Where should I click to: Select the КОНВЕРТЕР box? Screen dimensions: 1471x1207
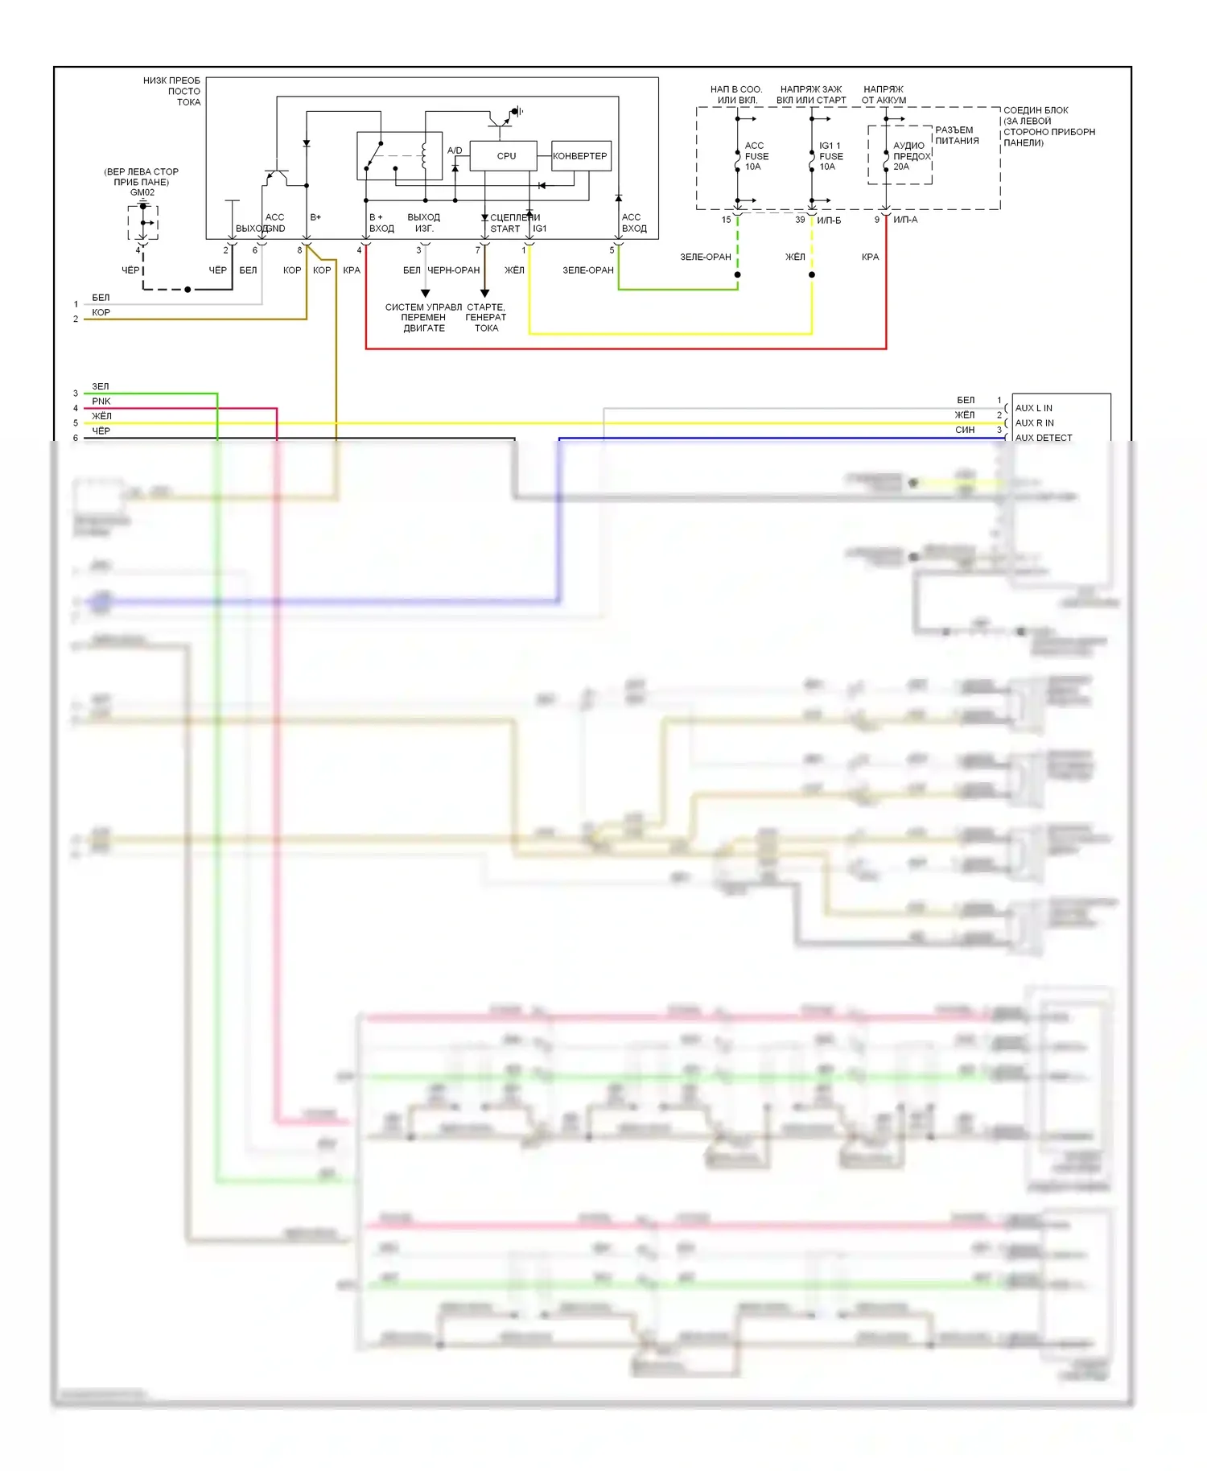pyautogui.click(x=580, y=156)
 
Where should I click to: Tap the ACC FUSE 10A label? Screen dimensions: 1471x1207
pyautogui.click(x=756, y=156)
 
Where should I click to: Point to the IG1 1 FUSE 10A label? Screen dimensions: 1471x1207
pyautogui.click(x=830, y=156)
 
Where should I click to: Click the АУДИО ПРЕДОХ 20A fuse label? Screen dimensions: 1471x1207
pyautogui.click(x=910, y=156)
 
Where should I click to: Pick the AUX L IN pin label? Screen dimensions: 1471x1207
pyautogui.click(x=1033, y=408)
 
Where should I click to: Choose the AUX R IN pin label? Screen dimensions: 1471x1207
pyautogui.click(x=1034, y=422)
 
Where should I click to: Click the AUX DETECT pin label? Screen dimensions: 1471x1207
pyautogui.click(x=1043, y=438)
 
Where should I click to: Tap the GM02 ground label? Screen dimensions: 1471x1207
pyautogui.click(x=142, y=192)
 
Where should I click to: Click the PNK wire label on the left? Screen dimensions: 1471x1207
pyautogui.click(x=101, y=401)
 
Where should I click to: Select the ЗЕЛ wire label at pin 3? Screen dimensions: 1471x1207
pyautogui.click(x=101, y=386)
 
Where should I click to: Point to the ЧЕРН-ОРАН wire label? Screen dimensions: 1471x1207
pyautogui.click(x=453, y=270)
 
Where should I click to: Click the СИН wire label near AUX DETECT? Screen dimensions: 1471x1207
pyautogui.click(x=965, y=430)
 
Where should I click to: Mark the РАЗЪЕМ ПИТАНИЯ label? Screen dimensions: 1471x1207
pyautogui.click(x=956, y=135)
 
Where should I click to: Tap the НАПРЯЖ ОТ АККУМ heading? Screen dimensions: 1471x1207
pyautogui.click(x=884, y=95)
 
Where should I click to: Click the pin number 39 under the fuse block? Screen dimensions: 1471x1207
pyautogui.click(x=800, y=220)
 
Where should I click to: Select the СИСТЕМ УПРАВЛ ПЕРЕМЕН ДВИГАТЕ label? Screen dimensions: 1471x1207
pyautogui.click(x=423, y=317)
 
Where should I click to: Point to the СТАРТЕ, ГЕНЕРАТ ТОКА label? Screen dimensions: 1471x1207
pyautogui.click(x=486, y=317)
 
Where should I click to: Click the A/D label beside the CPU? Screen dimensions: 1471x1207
pyautogui.click(x=455, y=150)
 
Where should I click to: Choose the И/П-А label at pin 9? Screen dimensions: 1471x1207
pyautogui.click(x=904, y=220)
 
